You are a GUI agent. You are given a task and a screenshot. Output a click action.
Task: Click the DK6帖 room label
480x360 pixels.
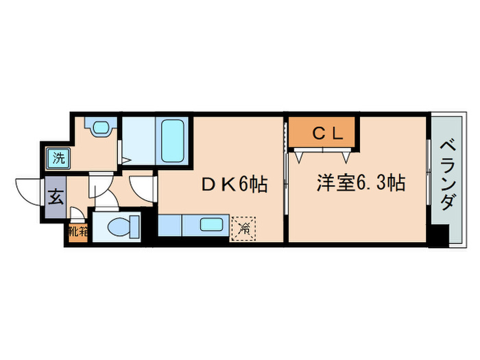point(234,184)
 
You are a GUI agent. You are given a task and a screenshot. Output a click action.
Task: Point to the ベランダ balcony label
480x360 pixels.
point(448,175)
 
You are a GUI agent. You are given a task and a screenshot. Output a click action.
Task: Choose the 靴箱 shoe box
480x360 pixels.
point(78,231)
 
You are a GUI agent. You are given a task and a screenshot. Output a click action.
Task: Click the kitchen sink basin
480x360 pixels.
point(215,224)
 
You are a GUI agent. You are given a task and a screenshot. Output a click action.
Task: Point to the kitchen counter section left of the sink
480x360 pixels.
point(169,224)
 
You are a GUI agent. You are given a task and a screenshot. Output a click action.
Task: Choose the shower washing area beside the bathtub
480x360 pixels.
point(140,140)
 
